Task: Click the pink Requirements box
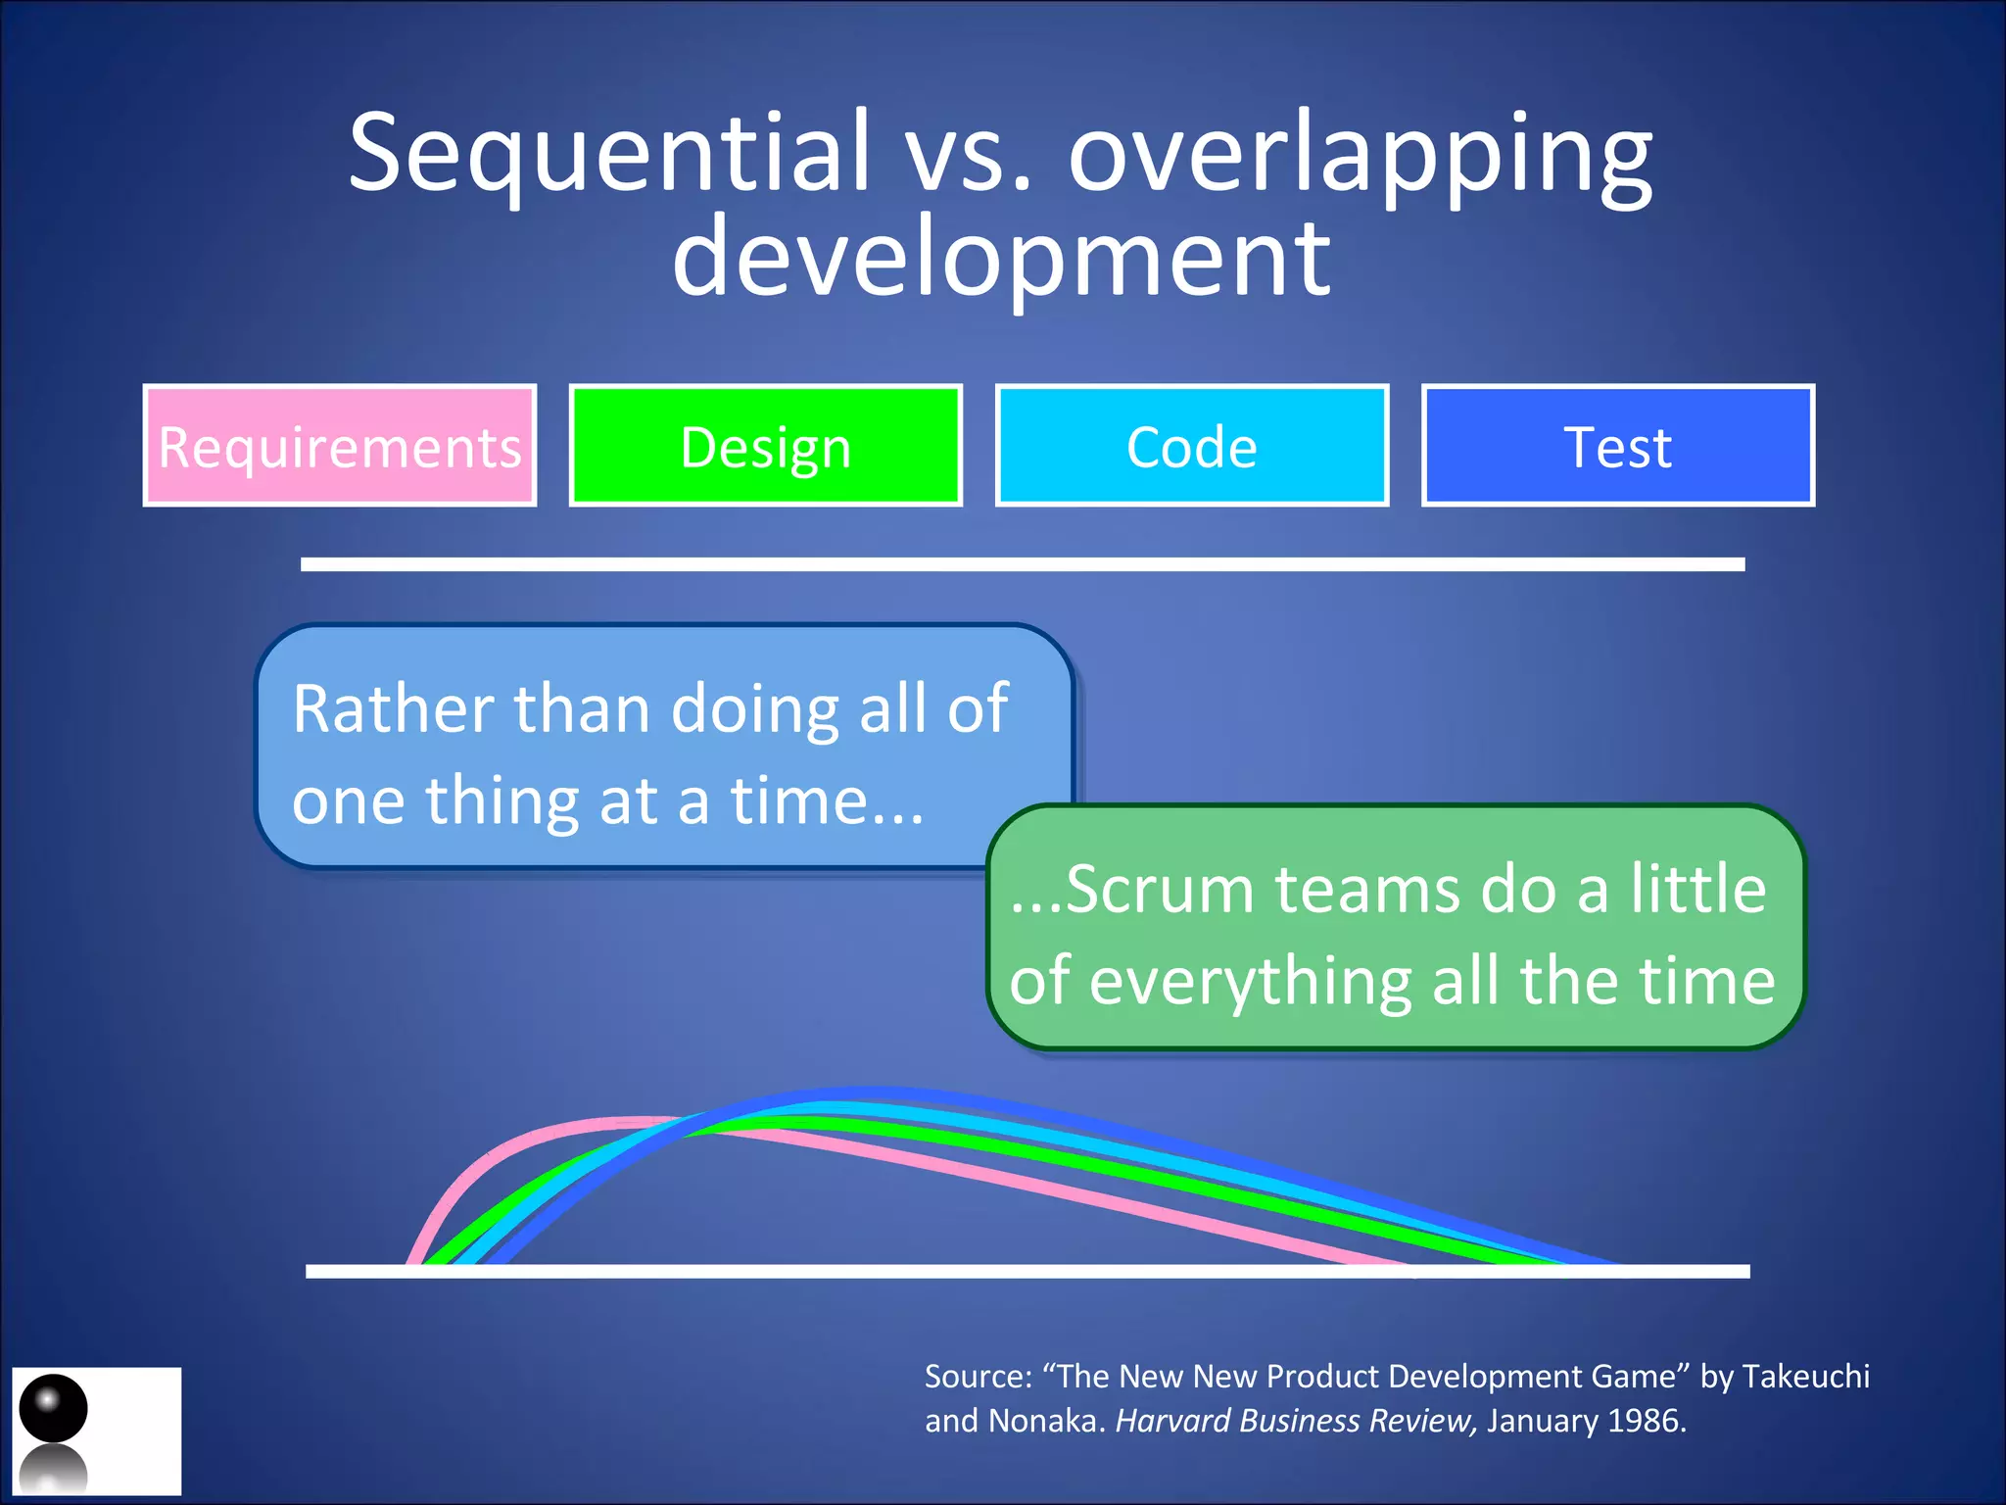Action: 339,446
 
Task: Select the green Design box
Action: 765,446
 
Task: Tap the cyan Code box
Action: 1191,446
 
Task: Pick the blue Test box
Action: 1617,446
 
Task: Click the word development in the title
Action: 1001,257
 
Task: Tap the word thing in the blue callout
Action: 501,801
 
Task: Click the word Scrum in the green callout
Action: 1161,890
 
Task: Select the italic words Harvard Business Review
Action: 1295,1420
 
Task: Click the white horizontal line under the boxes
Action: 1023,564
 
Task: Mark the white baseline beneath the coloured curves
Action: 1027,1271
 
